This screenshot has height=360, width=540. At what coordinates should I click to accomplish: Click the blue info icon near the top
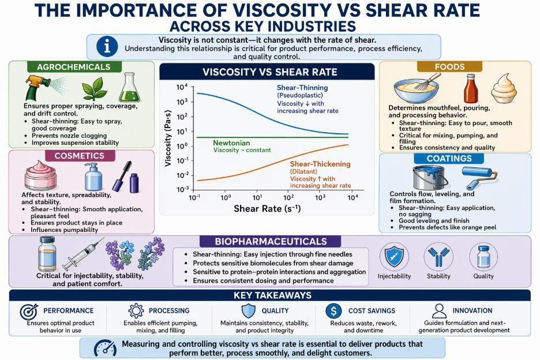coord(108,47)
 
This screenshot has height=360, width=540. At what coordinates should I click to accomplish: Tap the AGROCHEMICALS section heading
coord(73,67)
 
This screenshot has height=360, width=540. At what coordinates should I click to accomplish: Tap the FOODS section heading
coord(449,67)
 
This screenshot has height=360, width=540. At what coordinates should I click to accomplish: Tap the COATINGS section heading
coord(449,159)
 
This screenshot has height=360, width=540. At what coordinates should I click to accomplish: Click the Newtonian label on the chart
coord(231,142)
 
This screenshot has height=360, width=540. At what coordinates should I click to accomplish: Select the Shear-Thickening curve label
coord(320,164)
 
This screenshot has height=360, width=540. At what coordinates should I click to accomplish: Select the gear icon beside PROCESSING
coord(136,310)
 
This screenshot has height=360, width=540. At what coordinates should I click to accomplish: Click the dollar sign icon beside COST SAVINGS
coord(333,310)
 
